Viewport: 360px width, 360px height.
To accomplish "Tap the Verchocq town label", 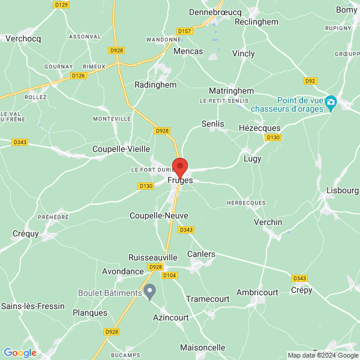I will [x=22, y=38].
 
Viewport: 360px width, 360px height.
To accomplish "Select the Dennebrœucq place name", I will [x=214, y=11].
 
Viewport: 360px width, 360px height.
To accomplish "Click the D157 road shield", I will [x=185, y=31].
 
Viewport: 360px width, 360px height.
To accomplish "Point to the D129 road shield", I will [x=61, y=4].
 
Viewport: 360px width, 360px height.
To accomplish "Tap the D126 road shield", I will [x=78, y=76].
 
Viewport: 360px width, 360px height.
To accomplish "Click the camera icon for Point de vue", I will [x=331, y=104].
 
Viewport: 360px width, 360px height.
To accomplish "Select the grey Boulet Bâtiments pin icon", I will [x=151, y=292].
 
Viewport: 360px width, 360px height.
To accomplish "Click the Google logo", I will [x=20, y=353].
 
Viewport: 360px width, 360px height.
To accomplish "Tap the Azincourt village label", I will [x=171, y=317].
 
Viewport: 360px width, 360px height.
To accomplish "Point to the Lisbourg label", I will [x=343, y=190].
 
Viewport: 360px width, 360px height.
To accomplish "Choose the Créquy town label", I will [x=25, y=233].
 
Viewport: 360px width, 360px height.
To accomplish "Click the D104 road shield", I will [x=170, y=275].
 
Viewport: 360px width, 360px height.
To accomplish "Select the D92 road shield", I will [x=310, y=80].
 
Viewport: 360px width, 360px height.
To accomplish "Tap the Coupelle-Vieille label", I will [x=121, y=149].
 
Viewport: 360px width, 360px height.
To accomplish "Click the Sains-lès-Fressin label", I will [x=32, y=306].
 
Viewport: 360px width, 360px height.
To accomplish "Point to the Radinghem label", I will [x=155, y=85].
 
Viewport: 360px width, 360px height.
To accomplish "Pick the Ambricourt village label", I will [x=257, y=292].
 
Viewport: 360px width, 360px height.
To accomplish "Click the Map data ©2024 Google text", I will [x=323, y=355].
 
